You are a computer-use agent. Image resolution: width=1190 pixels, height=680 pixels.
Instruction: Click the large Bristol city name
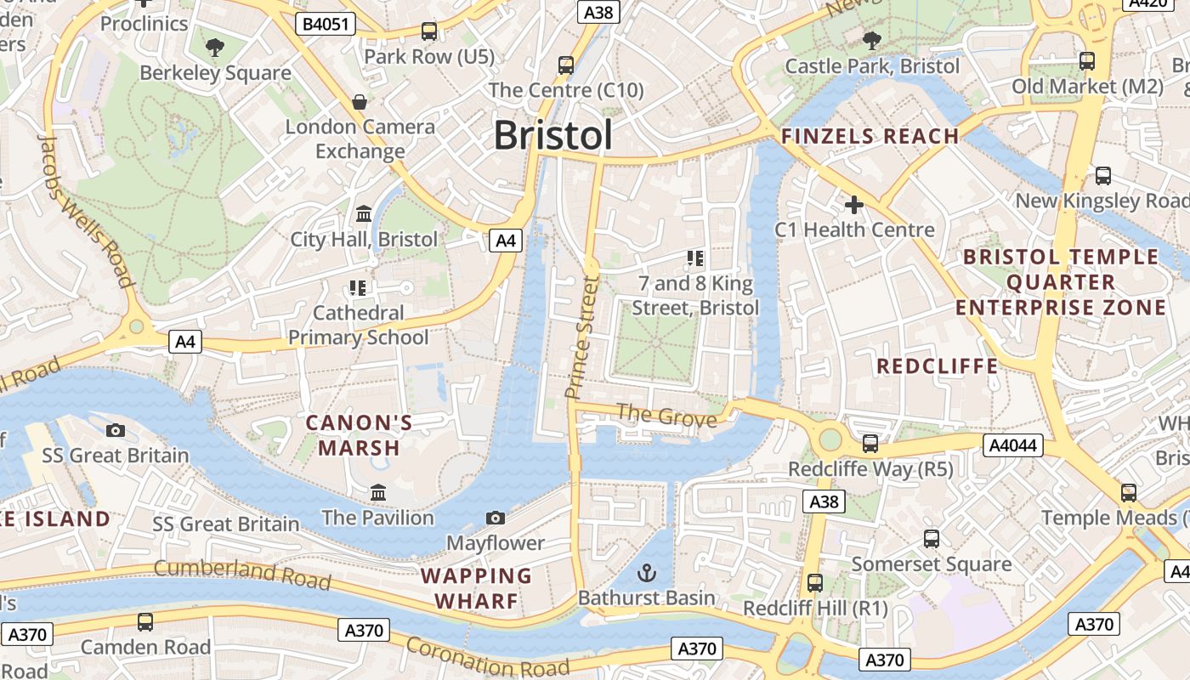pyautogui.click(x=552, y=135)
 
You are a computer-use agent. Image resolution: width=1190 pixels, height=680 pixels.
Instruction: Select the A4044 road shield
pyautogui.click(x=1012, y=445)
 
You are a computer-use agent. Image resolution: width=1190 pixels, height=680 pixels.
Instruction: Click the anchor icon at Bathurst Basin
pyautogui.click(x=647, y=572)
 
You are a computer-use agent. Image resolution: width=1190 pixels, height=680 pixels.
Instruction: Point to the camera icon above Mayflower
pyautogui.click(x=496, y=518)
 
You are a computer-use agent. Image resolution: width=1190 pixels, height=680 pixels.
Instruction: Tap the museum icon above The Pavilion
pyautogui.click(x=378, y=492)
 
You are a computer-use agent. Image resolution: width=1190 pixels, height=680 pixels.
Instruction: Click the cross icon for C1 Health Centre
pyautogui.click(x=854, y=205)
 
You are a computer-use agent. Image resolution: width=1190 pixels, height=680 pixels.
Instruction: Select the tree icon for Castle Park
pyautogui.click(x=871, y=40)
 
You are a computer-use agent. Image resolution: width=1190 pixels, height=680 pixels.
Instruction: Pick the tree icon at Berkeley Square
pyautogui.click(x=215, y=48)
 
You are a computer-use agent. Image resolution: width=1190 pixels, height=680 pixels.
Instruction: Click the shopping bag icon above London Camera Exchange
pyautogui.click(x=360, y=102)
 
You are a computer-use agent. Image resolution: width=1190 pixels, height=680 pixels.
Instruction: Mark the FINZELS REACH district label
pyautogui.click(x=870, y=136)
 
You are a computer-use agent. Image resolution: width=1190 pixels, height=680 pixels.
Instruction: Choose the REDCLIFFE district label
pyautogui.click(x=938, y=366)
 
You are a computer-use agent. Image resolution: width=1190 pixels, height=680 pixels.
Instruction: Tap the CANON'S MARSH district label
pyautogui.click(x=359, y=435)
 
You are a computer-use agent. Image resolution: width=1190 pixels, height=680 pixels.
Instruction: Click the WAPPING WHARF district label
pyautogui.click(x=476, y=588)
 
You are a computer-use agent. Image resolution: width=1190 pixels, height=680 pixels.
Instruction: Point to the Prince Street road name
pyautogui.click(x=582, y=336)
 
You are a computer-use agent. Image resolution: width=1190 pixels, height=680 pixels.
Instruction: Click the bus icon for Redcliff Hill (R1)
pyautogui.click(x=815, y=583)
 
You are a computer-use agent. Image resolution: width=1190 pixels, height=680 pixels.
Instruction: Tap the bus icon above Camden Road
pyautogui.click(x=145, y=622)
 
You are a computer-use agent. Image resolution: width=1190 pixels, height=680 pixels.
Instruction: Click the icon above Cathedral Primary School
pyautogui.click(x=358, y=288)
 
